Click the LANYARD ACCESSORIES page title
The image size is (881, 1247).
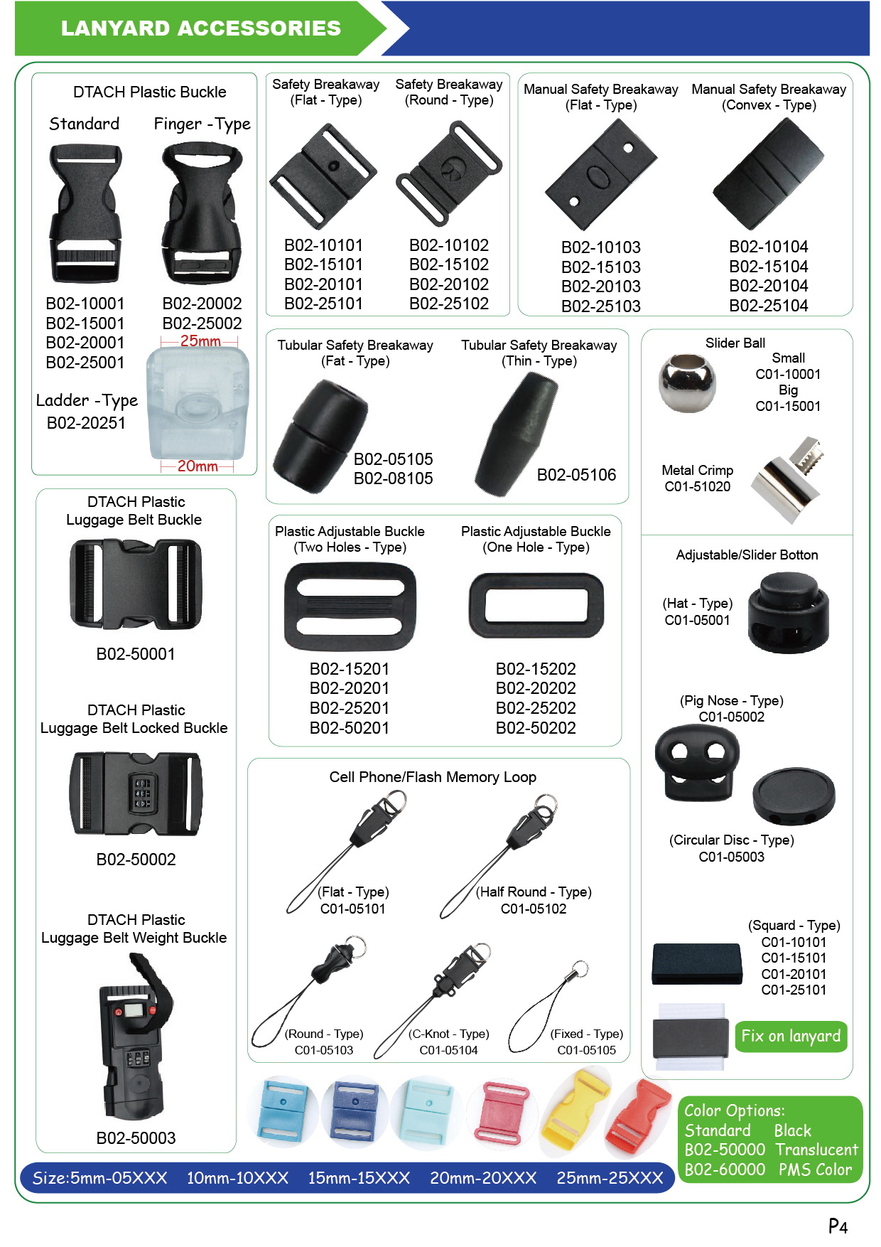pyautogui.click(x=200, y=28)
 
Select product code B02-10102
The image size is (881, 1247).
pyautogui.click(x=449, y=245)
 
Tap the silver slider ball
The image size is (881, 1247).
pyautogui.click(x=686, y=383)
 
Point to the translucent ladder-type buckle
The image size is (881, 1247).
pyautogui.click(x=198, y=405)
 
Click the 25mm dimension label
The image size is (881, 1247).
pyautogui.click(x=200, y=341)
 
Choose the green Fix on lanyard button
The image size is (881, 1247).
pyautogui.click(x=791, y=1036)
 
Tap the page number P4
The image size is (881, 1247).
pyautogui.click(x=838, y=1226)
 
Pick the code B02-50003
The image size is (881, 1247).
pyautogui.click(x=136, y=1138)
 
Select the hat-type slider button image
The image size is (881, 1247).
pyautogui.click(x=788, y=613)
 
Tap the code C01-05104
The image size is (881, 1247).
pyautogui.click(x=448, y=1050)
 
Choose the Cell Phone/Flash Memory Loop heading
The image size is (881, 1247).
pyautogui.click(x=433, y=777)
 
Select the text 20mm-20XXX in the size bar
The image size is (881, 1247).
pyautogui.click(x=483, y=1178)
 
